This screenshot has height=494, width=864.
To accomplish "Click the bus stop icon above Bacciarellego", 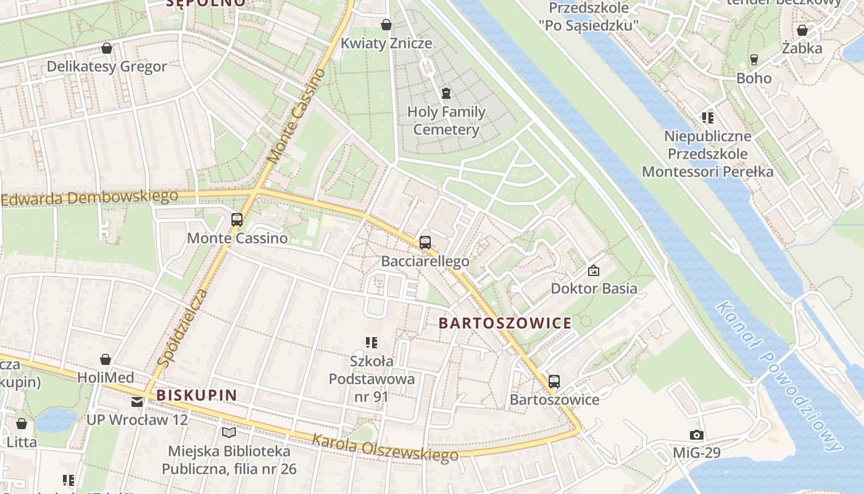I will [425, 243].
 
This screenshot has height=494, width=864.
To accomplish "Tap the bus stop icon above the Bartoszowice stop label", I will [554, 382].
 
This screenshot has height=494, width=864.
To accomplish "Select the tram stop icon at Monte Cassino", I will [236, 219].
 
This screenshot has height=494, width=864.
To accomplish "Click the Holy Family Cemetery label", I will [446, 121].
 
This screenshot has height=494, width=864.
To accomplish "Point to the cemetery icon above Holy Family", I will [446, 93].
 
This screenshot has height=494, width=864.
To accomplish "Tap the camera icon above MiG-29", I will [696, 435].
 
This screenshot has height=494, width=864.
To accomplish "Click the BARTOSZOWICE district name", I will [505, 323].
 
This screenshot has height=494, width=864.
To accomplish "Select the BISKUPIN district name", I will [196, 395].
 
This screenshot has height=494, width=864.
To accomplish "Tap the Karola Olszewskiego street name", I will [385, 448].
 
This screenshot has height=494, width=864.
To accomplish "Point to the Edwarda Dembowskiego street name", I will [89, 198].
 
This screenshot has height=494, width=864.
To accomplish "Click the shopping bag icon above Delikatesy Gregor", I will [107, 48].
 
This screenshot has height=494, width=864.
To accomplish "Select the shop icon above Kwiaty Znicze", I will [386, 25].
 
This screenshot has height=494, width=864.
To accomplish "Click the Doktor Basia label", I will [594, 288].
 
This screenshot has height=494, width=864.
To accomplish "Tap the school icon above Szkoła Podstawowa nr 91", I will [371, 342].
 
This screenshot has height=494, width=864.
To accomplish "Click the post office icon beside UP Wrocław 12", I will [136, 402].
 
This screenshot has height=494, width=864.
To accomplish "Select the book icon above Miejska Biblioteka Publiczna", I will [229, 433].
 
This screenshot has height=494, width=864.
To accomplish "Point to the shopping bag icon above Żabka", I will [802, 30].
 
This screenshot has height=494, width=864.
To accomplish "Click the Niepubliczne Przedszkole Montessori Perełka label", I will [707, 154].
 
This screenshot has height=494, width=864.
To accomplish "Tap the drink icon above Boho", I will [754, 60].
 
